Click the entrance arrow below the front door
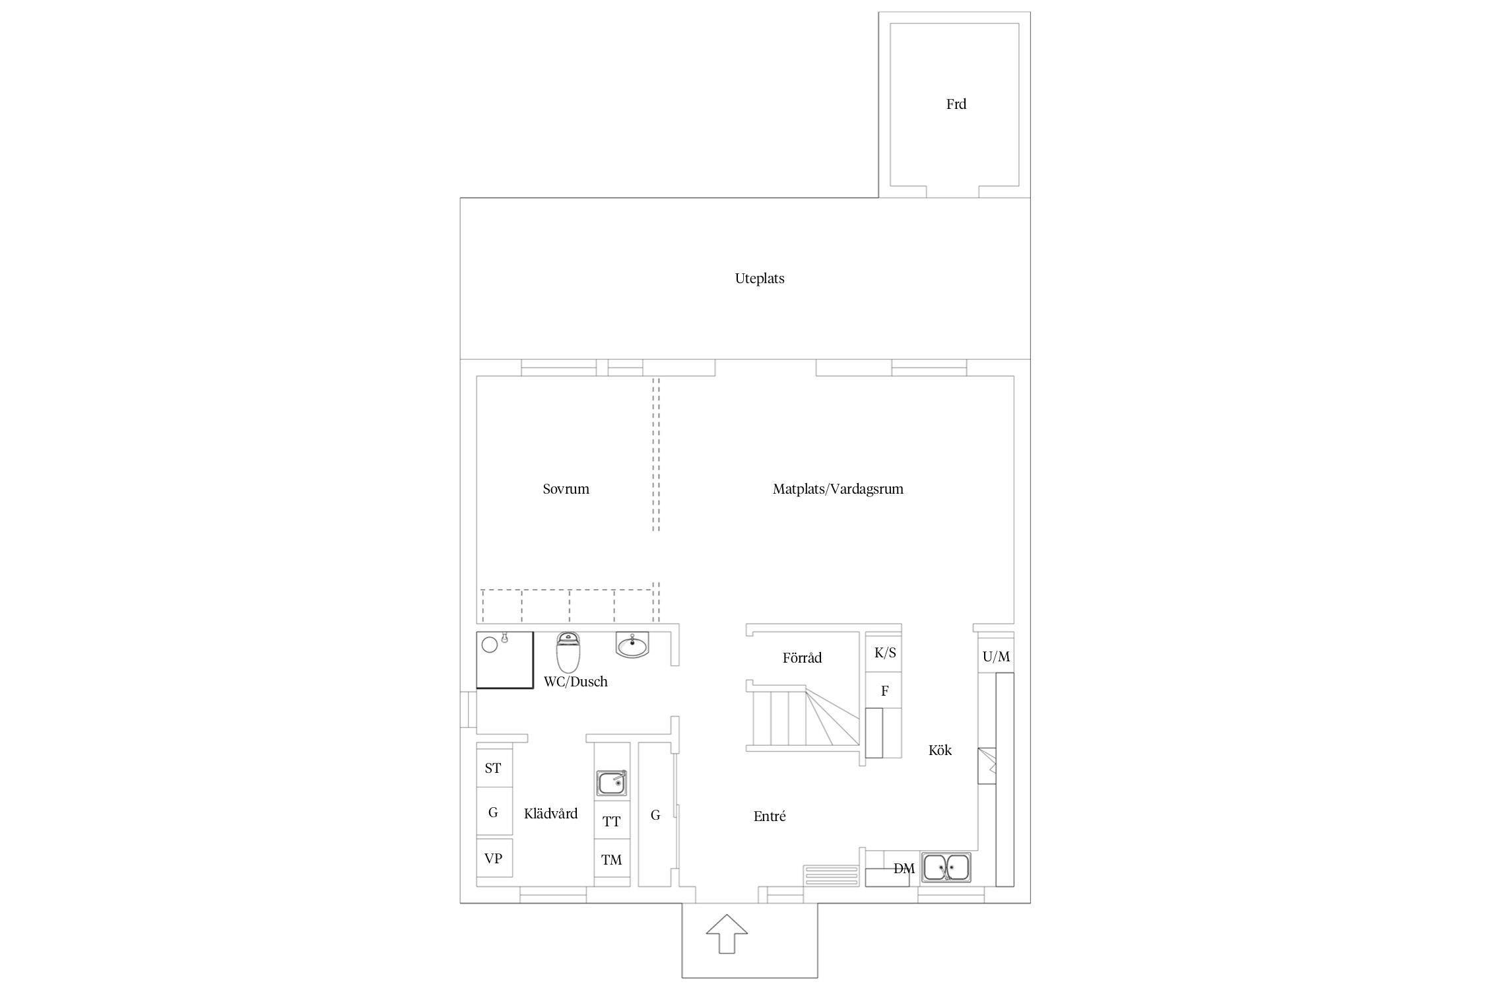[x=727, y=933]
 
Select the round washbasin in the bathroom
[x=632, y=645]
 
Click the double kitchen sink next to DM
[x=946, y=867]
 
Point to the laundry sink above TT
[x=612, y=783]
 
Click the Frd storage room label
[x=956, y=104]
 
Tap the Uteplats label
[x=760, y=279]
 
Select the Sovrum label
[x=566, y=489]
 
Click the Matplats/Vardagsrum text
[x=838, y=489]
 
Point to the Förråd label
[x=802, y=658]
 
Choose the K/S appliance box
[x=884, y=653]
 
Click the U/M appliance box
[x=995, y=656]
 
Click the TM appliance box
[x=612, y=859]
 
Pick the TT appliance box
[x=612, y=821]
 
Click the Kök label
[x=940, y=750]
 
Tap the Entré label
[x=770, y=816]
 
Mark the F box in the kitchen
[x=884, y=690]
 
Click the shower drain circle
[x=489, y=644]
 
